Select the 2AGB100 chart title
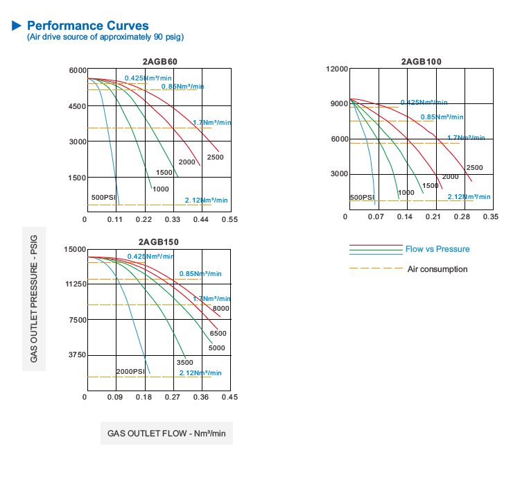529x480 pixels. (x=421, y=61)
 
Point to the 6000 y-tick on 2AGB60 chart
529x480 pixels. (x=77, y=71)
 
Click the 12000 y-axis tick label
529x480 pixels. (x=336, y=69)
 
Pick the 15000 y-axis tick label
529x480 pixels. (x=75, y=249)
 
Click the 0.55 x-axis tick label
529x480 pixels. (x=229, y=219)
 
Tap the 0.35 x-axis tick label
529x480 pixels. (x=490, y=218)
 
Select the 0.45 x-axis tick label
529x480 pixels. (x=229, y=397)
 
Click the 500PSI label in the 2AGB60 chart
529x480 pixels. (x=104, y=198)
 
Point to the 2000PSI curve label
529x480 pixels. (x=131, y=372)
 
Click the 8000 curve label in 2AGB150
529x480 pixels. (x=221, y=308)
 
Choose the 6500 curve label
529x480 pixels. (x=218, y=334)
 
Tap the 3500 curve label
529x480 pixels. (x=184, y=362)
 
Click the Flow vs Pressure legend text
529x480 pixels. (x=437, y=249)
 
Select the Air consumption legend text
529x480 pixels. (x=437, y=269)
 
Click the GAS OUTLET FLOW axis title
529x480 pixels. (x=166, y=434)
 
